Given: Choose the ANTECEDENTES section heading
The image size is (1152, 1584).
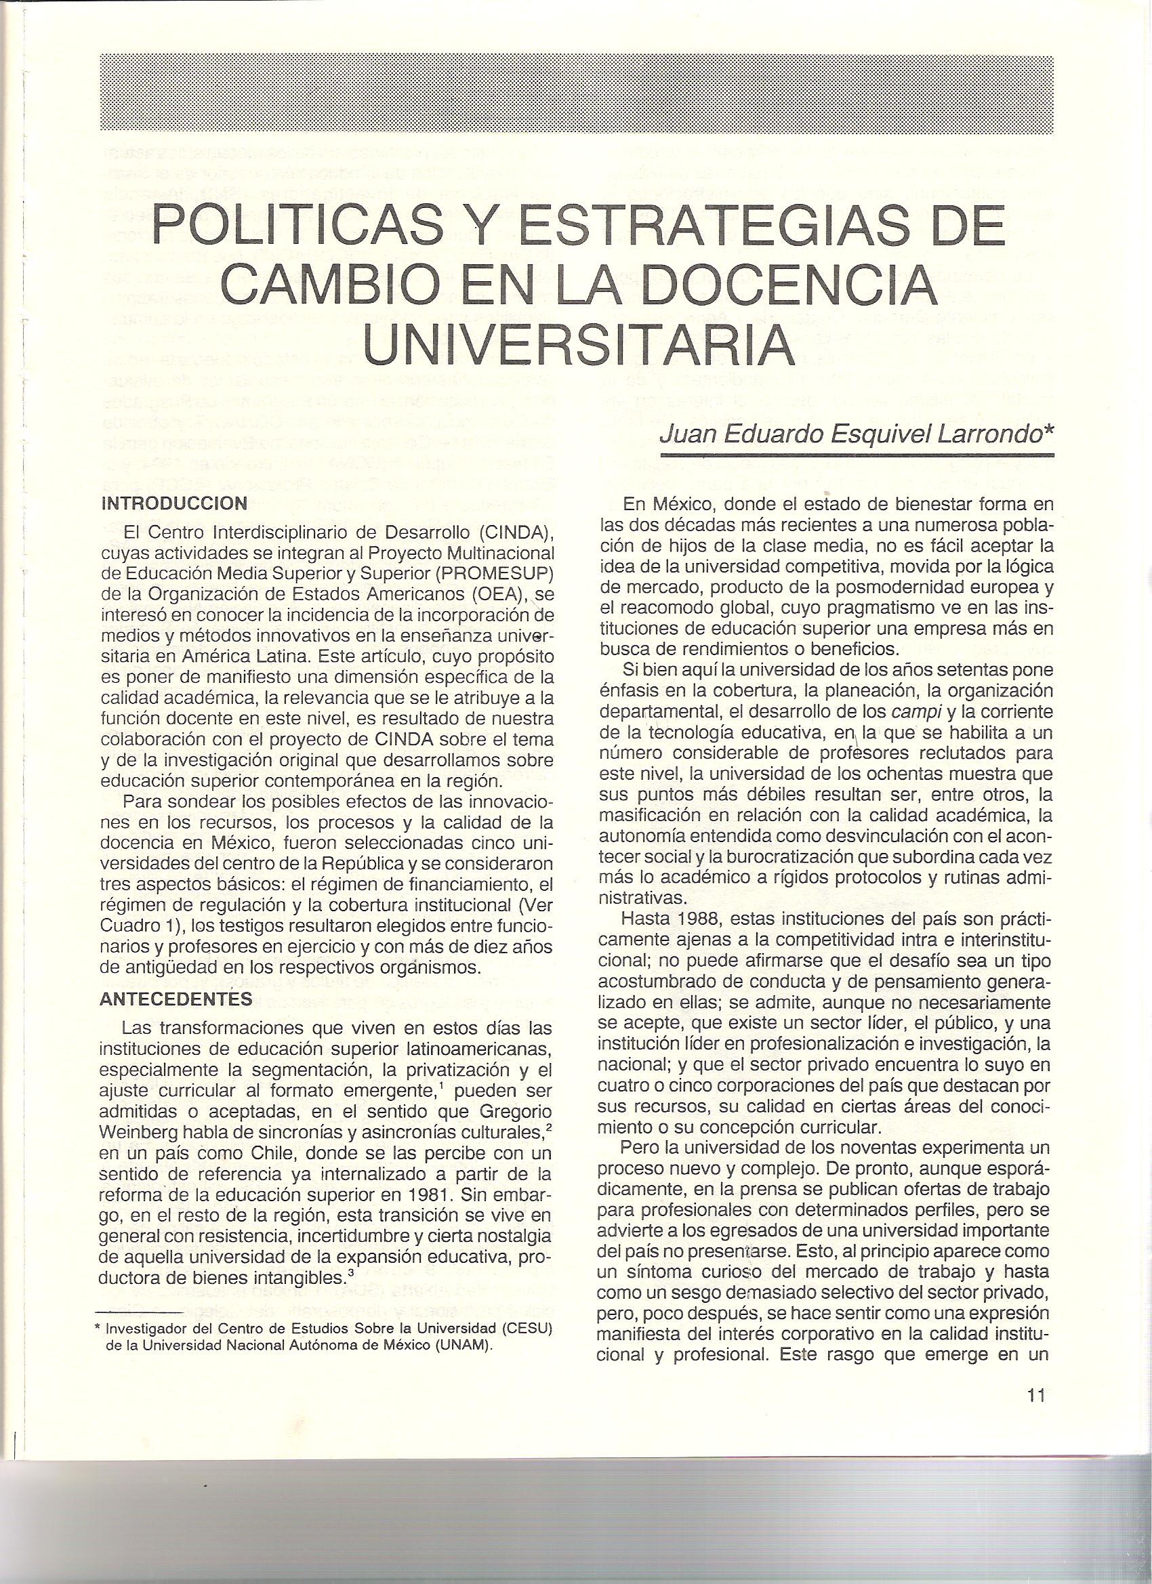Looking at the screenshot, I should [x=176, y=998].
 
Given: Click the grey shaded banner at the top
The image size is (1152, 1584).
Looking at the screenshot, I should [x=575, y=92].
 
